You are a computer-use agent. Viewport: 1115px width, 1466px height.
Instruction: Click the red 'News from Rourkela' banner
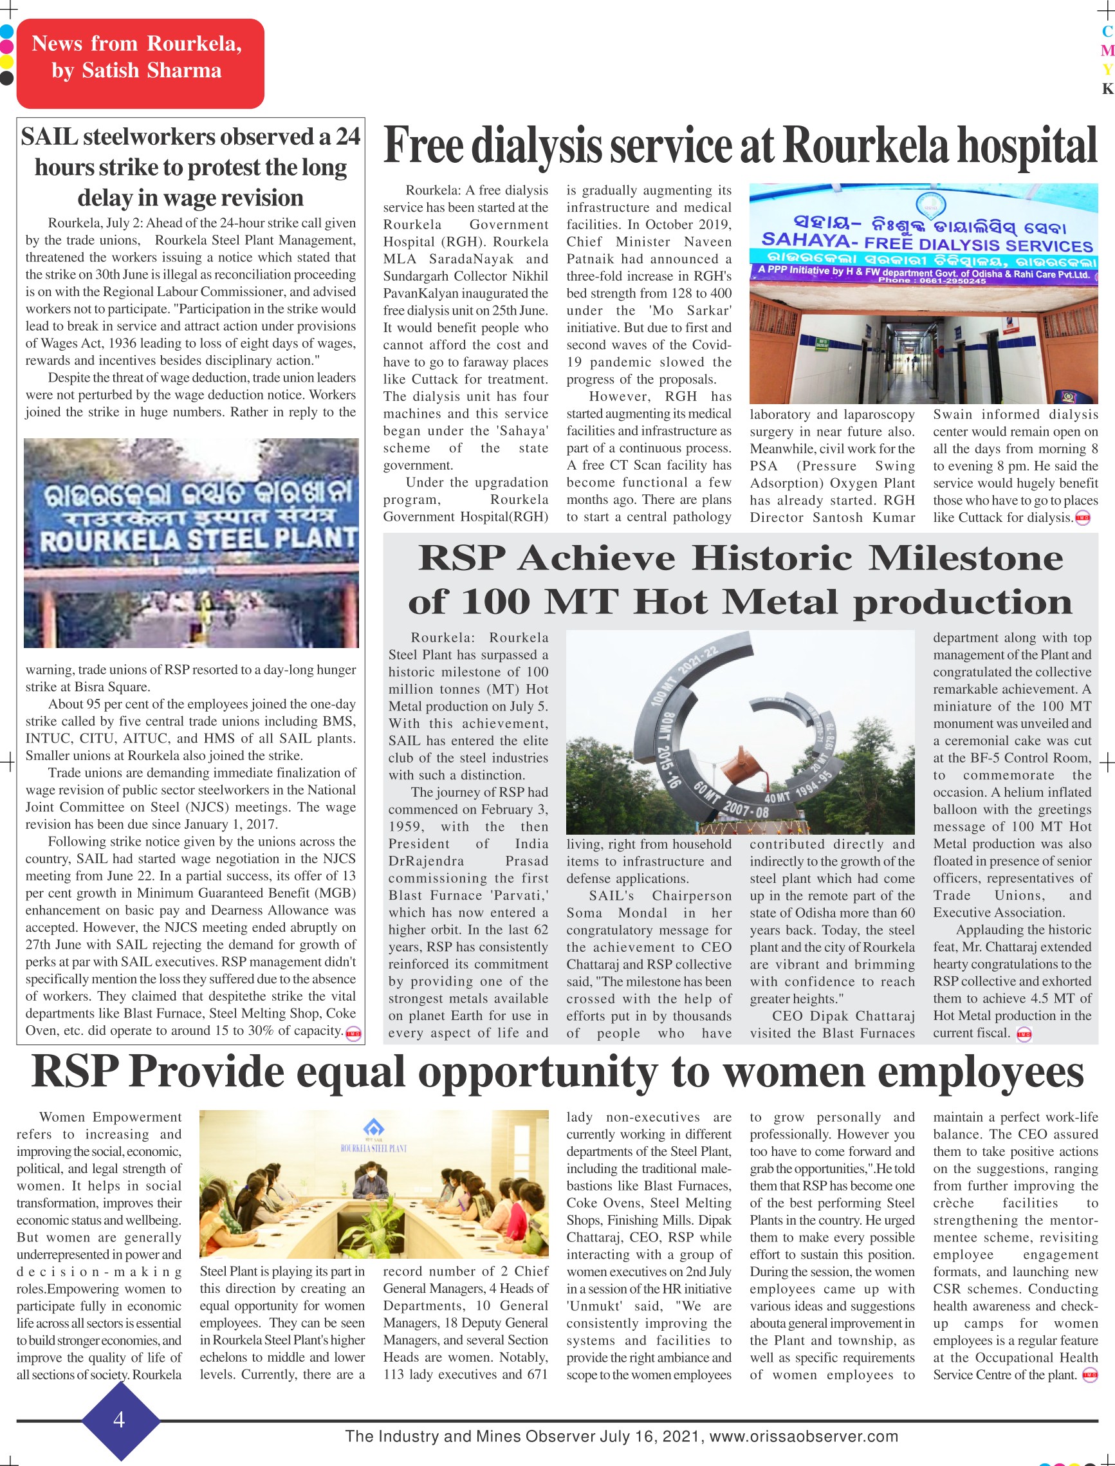(x=140, y=63)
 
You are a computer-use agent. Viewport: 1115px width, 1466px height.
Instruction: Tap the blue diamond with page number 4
(x=120, y=1420)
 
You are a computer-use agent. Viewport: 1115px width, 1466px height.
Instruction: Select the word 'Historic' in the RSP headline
(x=771, y=558)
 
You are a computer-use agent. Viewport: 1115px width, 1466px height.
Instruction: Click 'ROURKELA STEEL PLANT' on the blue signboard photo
(x=198, y=540)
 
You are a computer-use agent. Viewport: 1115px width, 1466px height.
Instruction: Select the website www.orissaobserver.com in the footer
(x=803, y=1437)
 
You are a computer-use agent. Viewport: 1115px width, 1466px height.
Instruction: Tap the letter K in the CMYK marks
(x=1107, y=88)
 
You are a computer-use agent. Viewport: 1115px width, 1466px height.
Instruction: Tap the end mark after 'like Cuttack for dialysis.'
(x=1082, y=518)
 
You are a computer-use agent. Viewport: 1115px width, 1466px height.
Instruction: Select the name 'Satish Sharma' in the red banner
(x=151, y=71)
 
